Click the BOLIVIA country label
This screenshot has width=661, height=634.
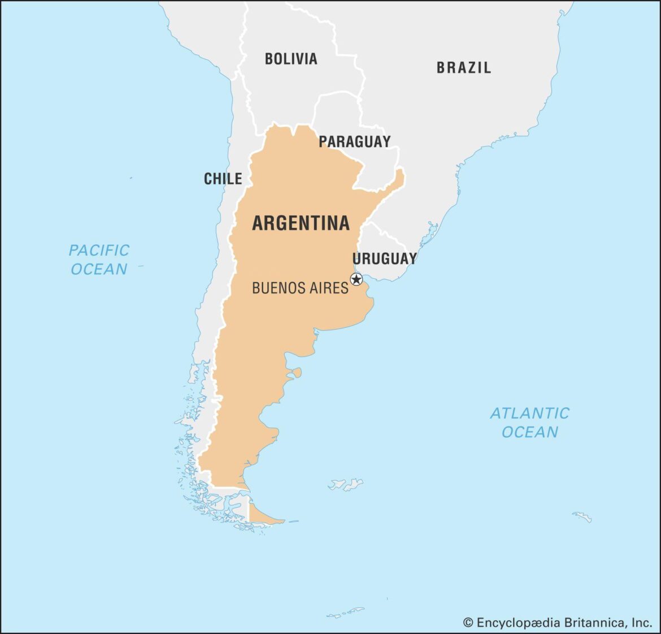(291, 59)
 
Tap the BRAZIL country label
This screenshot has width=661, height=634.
(463, 68)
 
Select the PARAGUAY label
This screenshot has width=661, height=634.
(354, 141)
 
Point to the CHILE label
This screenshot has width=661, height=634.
(223, 179)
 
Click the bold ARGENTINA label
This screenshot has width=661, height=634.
(301, 223)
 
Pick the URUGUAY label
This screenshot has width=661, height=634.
(384, 258)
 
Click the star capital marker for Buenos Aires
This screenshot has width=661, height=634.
(356, 279)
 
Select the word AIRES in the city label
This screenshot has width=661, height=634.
(327, 288)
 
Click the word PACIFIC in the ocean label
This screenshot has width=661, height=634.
(99, 250)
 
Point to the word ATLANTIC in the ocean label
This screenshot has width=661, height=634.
(529, 413)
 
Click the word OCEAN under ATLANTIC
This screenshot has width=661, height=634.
(529, 432)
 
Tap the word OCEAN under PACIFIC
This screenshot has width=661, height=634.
(99, 269)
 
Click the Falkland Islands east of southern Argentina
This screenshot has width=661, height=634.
(346, 484)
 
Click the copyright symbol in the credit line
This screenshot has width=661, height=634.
(468, 623)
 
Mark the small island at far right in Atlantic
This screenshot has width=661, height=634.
(582, 516)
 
